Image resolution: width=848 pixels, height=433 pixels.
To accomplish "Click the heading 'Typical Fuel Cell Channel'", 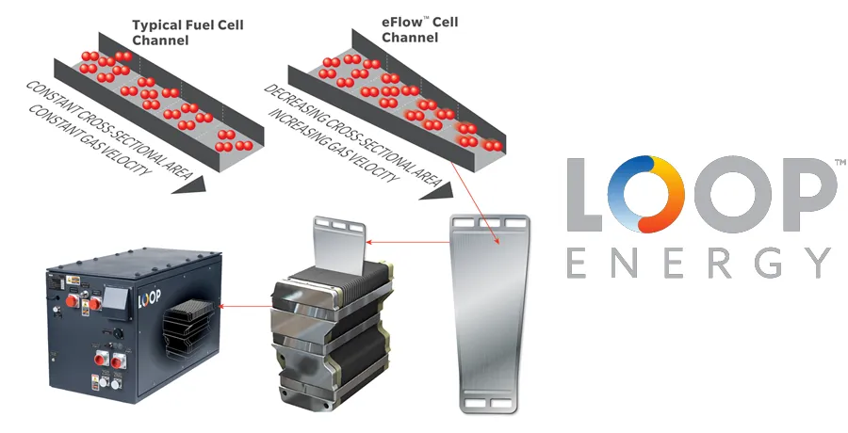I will click(188, 32).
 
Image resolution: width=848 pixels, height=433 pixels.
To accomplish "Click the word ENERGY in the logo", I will click(697, 263).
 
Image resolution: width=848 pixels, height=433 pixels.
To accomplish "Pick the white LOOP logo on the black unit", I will click(151, 299).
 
